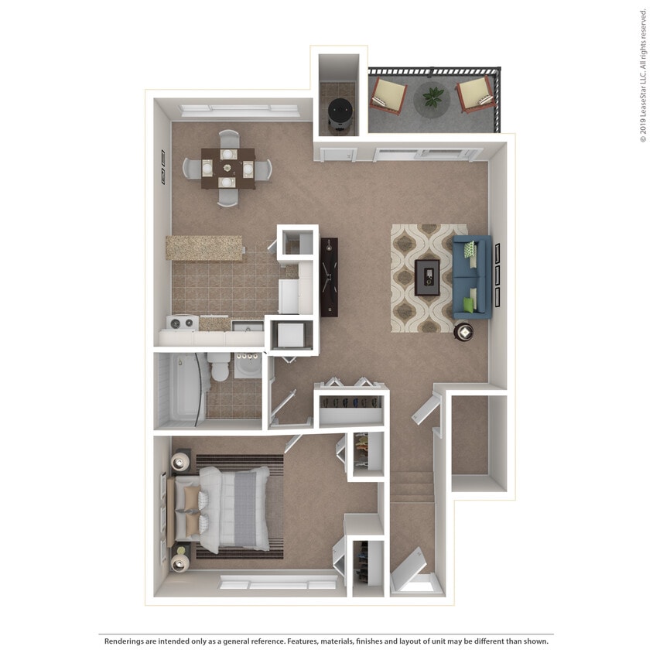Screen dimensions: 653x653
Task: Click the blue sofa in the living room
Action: [472, 276]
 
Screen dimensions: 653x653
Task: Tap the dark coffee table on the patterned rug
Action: [427, 277]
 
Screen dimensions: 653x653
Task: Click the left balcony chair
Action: [388, 95]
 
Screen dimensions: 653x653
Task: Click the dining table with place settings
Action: [227, 168]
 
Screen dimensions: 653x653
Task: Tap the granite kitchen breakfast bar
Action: [203, 248]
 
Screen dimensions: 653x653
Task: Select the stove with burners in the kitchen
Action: [183, 323]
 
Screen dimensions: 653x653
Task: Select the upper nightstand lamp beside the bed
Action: [181, 463]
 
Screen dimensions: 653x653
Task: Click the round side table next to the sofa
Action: [465, 331]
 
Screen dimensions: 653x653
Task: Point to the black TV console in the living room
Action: [330, 276]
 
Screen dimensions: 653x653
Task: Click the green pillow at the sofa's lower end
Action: [468, 304]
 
